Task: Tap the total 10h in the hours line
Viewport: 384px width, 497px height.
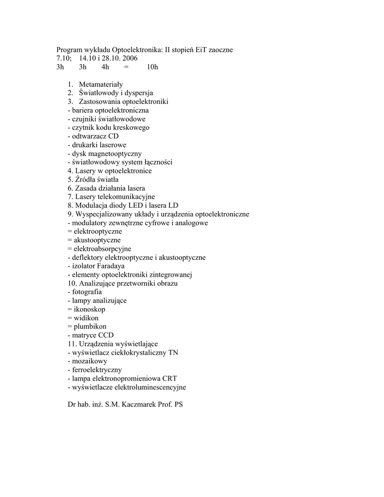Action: coord(152,67)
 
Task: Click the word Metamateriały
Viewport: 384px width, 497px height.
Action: coord(101,84)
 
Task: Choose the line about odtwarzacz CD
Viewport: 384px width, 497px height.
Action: coord(93,136)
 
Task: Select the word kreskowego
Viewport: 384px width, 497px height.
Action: coord(132,128)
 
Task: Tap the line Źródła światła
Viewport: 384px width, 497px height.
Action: coord(93,180)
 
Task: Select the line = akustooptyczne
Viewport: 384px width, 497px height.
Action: coord(94,240)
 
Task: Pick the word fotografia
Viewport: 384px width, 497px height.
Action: coord(87,292)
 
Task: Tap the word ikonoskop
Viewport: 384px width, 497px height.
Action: coord(89,309)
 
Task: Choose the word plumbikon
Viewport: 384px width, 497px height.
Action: coord(90,327)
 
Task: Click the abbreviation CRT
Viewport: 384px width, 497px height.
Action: coord(170,379)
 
